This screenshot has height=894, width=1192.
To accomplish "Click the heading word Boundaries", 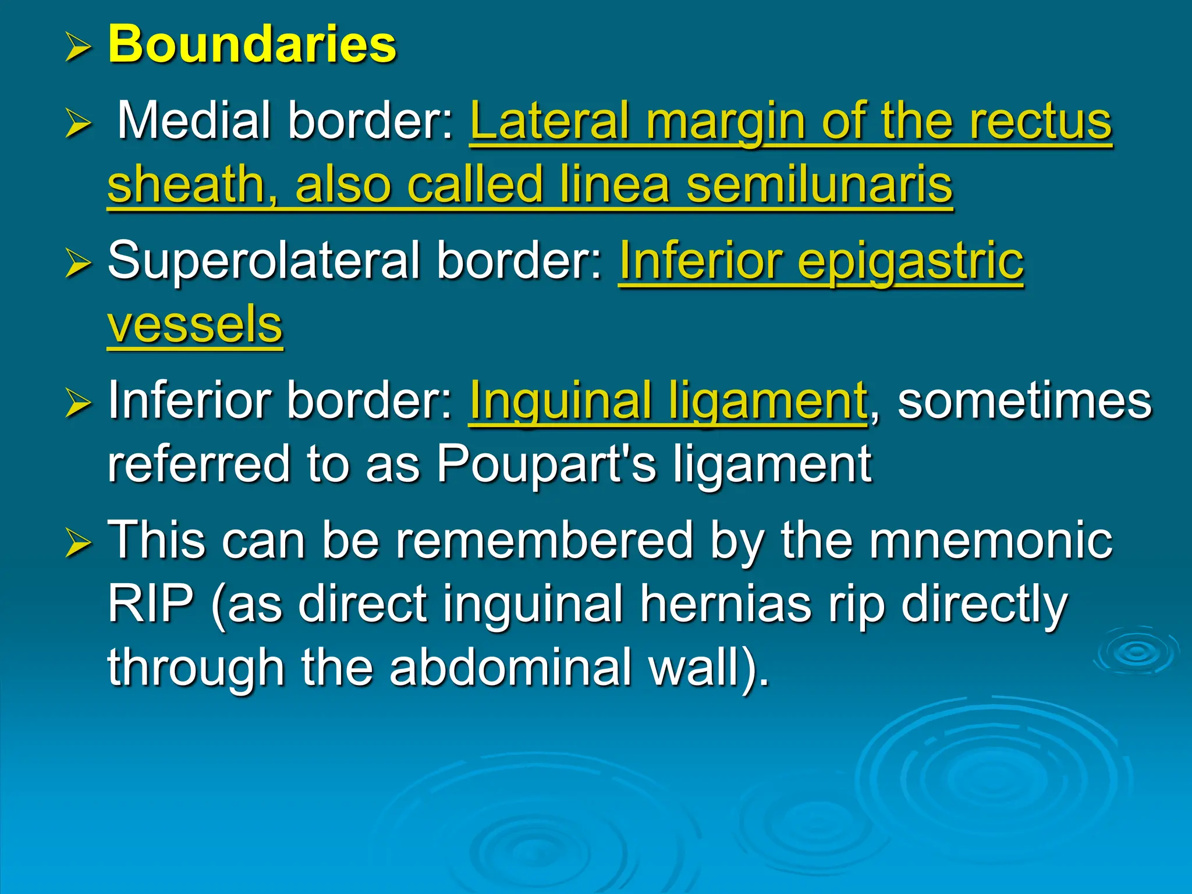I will (252, 44).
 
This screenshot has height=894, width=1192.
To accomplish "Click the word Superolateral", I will (264, 260).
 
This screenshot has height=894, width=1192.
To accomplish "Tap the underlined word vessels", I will (195, 324).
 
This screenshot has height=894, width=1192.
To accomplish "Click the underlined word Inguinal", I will (559, 400).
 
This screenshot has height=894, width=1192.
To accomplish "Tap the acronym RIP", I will (151, 604).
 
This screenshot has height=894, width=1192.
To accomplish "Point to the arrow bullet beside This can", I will (78, 543).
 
